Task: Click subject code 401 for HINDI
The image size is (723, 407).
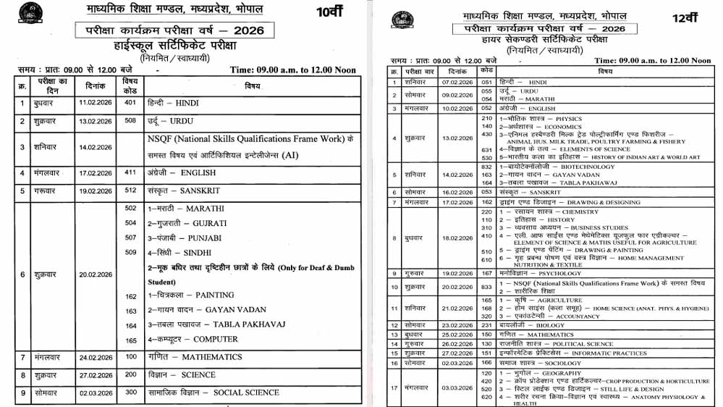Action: point(130,103)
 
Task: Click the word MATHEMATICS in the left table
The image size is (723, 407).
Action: point(212,357)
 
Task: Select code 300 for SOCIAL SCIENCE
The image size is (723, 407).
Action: point(131,393)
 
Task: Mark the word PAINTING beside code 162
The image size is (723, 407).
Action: point(215,295)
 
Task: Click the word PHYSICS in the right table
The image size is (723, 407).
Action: point(568,118)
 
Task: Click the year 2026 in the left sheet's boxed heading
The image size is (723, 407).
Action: point(245,30)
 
